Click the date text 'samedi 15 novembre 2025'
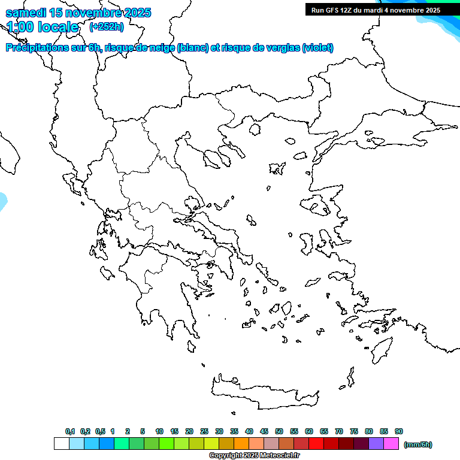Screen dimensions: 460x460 click(x=78, y=13)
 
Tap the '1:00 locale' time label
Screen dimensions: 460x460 click(x=43, y=26)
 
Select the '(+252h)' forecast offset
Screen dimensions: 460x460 click(x=107, y=26)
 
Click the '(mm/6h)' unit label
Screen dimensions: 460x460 click(x=418, y=444)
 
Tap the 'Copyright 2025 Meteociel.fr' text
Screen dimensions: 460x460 click(x=254, y=456)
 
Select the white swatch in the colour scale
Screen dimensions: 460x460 click(x=61, y=444)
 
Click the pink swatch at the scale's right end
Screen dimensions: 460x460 click(x=391, y=444)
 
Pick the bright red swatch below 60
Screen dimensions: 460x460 click(x=316, y=444)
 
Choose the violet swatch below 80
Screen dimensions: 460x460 click(x=376, y=444)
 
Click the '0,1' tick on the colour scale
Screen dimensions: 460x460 click(x=70, y=431)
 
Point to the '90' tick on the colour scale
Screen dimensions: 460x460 click(x=399, y=431)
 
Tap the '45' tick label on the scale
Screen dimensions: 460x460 click(x=264, y=431)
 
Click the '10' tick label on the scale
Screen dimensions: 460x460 click(x=159, y=431)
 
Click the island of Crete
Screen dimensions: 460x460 click(x=264, y=389)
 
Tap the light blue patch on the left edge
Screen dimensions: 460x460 click(x=2, y=201)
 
